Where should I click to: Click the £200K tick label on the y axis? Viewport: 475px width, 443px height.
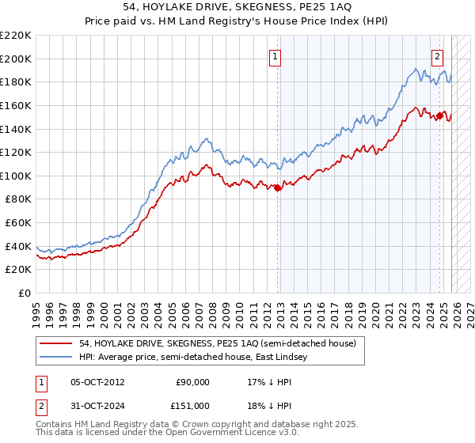click(x=16, y=59)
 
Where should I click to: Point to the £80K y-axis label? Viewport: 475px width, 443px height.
click(x=18, y=199)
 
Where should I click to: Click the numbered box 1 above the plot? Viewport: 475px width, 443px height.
click(x=275, y=56)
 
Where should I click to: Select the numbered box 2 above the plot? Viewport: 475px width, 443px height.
click(x=438, y=56)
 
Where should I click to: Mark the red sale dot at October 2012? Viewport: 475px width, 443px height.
click(x=278, y=187)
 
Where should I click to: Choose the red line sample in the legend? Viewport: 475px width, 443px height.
click(x=55, y=343)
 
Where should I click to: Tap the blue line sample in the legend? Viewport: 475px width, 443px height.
click(x=55, y=357)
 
